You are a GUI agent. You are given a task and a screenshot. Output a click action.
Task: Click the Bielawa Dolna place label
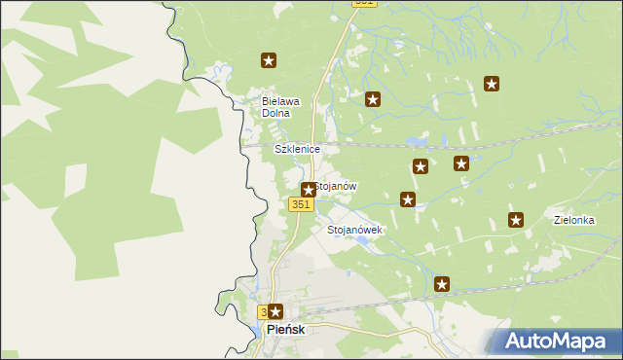(x=281, y=107)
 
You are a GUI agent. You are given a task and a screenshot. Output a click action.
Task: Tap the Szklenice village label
(x=297, y=149)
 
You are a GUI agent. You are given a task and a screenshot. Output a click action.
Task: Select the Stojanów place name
(x=337, y=186)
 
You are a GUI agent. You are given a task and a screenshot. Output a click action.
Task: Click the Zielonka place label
(x=573, y=221)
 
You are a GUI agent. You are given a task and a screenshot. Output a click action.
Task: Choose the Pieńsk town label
(x=285, y=331)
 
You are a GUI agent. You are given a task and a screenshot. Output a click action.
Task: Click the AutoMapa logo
(x=556, y=341)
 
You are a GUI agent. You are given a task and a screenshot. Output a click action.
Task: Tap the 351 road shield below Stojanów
(x=301, y=203)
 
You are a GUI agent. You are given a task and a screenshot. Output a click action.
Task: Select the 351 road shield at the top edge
(x=364, y=3)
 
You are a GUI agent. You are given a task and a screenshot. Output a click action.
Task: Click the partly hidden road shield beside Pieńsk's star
(x=263, y=312)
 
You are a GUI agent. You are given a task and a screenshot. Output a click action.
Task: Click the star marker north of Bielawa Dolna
(x=269, y=60)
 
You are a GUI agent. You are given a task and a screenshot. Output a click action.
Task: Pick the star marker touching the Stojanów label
(x=309, y=190)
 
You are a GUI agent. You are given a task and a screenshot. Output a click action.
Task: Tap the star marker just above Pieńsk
(x=275, y=312)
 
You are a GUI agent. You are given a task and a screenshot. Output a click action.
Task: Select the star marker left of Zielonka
(x=516, y=220)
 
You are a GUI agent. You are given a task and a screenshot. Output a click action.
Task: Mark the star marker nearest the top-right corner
(x=492, y=85)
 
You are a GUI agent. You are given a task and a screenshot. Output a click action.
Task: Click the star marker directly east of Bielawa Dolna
(x=372, y=99)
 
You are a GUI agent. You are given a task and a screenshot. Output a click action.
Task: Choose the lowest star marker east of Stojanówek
(x=442, y=284)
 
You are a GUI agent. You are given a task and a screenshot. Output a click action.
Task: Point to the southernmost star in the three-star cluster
(x=408, y=199)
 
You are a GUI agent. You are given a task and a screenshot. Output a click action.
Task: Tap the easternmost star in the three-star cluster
(x=461, y=163)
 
